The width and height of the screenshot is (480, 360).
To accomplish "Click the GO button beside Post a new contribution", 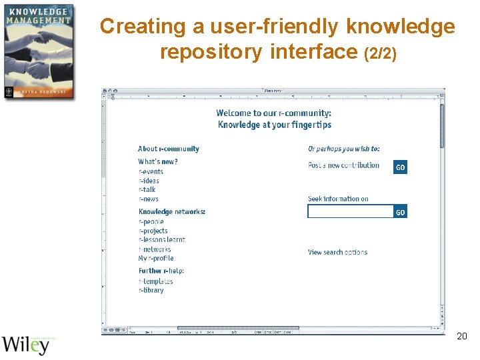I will (400, 167).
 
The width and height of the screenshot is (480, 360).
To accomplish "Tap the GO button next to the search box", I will (400, 212).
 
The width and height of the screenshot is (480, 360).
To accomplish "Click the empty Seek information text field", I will (350, 211).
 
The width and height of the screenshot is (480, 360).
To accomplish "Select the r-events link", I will (151, 172).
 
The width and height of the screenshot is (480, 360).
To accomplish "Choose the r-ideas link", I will (149, 181).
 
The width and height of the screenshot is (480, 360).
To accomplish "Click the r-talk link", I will (147, 190).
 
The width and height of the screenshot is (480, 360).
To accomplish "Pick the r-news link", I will (149, 199).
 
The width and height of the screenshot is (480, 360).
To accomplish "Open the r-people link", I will (151, 222).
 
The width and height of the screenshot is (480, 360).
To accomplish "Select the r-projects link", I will (153, 231).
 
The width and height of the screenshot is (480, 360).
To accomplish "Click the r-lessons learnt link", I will (162, 240).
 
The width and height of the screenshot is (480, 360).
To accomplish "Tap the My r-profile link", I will (156, 259).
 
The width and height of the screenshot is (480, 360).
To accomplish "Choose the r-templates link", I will (155, 281).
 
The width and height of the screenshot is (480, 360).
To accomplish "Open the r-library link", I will (151, 291).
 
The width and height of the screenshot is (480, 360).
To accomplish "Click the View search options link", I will (337, 253).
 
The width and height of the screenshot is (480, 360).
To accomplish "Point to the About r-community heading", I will (169, 149).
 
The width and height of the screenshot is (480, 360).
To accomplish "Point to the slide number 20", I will (461, 337).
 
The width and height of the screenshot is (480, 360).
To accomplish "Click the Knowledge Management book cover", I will (38, 51).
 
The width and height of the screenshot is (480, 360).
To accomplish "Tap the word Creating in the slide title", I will (133, 27).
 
